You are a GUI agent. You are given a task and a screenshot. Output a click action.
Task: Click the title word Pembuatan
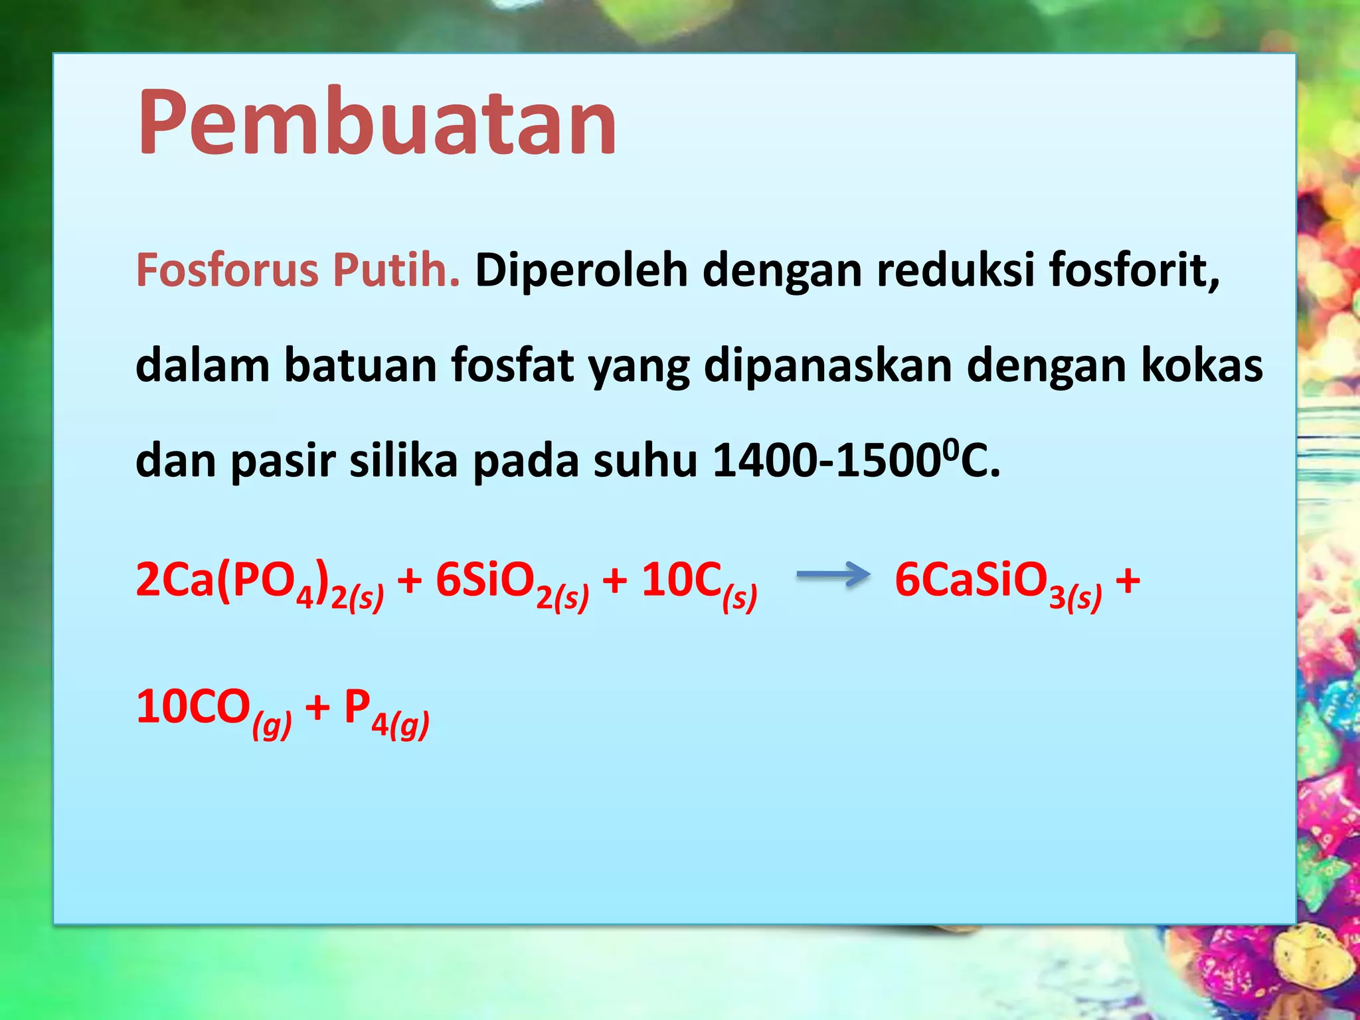pos(377,123)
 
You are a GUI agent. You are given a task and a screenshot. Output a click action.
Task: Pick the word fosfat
pos(513,366)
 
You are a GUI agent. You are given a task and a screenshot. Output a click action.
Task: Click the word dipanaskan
pos(827,367)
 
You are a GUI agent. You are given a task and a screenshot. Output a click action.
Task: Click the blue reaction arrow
pos(832,575)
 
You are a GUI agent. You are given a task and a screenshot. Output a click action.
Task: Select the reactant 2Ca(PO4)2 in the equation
pos(259,582)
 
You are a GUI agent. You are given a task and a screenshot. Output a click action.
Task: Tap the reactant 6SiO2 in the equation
pos(511,582)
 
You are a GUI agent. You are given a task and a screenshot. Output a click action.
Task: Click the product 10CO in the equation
pos(213,709)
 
